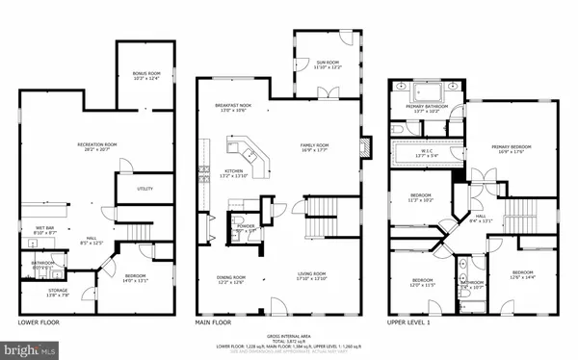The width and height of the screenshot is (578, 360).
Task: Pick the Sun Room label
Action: pyautogui.click(x=328, y=65)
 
